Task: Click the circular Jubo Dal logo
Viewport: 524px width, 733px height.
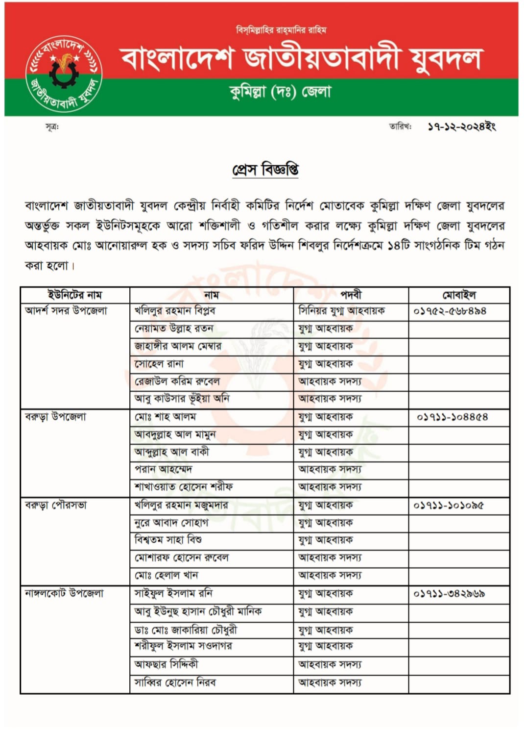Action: (64, 74)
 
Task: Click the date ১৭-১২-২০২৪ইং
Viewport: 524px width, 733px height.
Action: (461, 126)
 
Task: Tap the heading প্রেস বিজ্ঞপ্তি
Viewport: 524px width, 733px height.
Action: (265, 169)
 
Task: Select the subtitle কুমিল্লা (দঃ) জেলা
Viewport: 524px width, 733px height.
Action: (281, 92)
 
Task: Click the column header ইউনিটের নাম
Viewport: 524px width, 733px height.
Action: (75, 295)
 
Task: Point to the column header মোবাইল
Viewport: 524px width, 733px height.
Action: (459, 295)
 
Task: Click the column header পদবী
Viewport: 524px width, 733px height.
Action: (351, 295)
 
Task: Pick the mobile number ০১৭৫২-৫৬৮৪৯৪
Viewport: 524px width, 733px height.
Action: (450, 311)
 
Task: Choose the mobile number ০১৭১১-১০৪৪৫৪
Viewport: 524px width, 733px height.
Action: (452, 417)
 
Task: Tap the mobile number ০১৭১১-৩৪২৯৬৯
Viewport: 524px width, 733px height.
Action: (449, 593)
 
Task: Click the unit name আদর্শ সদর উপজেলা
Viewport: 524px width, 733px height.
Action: (66, 311)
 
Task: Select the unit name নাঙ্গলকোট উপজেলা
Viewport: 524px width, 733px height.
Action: (64, 593)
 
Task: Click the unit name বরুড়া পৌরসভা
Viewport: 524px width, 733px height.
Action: (56, 505)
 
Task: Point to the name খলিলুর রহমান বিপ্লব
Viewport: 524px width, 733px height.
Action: (175, 311)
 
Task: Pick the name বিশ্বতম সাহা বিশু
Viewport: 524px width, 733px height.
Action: (168, 540)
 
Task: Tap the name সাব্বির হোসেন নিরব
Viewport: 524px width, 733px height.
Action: (175, 682)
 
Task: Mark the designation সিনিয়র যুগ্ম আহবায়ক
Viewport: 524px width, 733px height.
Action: (341, 311)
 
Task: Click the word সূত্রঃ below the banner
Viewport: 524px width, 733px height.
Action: (52, 127)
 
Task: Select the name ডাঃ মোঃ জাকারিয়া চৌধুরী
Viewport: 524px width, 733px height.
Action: (186, 630)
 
